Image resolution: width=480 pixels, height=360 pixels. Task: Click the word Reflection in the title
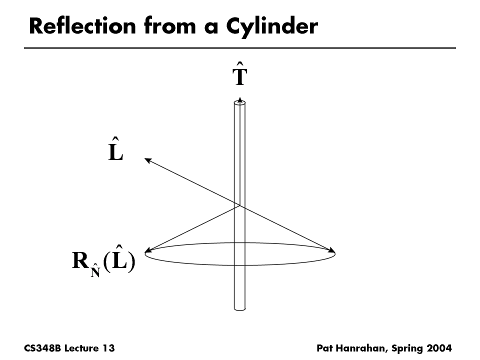(x=82, y=26)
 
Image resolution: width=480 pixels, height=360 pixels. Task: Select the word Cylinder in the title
(x=272, y=27)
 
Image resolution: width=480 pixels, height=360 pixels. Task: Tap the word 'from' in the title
(x=170, y=26)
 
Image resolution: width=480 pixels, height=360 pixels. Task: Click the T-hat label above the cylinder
(x=239, y=74)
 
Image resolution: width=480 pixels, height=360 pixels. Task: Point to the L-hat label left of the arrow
(x=115, y=149)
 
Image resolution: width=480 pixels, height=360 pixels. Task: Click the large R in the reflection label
(x=80, y=260)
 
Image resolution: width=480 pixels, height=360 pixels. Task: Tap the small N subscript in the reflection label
(x=95, y=270)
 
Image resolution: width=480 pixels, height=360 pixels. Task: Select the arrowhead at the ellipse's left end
(x=148, y=250)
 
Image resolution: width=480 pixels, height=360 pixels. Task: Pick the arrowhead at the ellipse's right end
(x=332, y=250)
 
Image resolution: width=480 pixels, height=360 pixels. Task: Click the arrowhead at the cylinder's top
(x=240, y=100)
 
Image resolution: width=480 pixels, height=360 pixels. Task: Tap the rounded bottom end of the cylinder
(x=239, y=308)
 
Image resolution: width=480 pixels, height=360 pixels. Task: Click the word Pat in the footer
(x=324, y=348)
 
